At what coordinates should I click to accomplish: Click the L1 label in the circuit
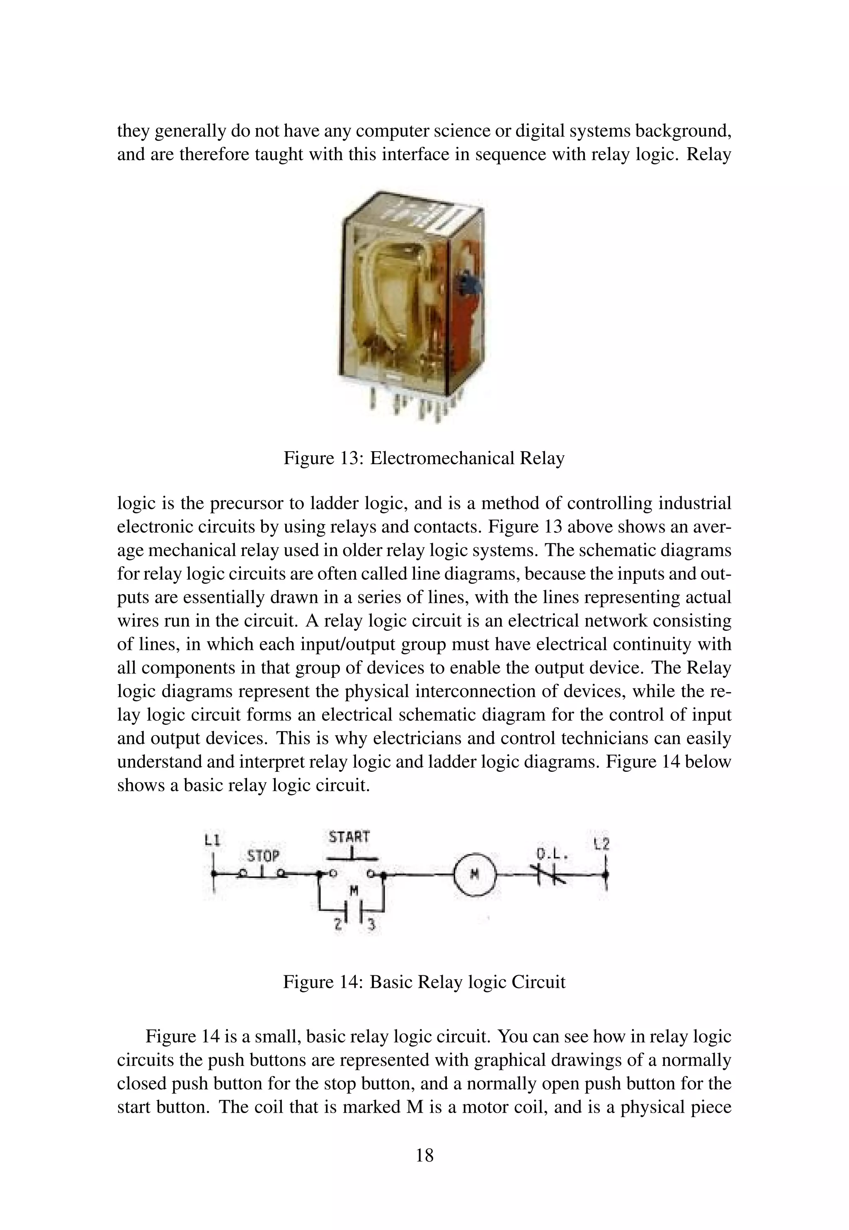point(212,840)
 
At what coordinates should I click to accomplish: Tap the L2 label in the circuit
point(602,844)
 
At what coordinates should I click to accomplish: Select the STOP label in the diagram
point(263,856)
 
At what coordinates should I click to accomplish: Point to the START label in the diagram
point(349,837)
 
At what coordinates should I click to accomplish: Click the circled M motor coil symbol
point(475,874)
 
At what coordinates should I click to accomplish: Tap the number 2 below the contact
point(337,925)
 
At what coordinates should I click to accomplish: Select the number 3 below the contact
point(372,926)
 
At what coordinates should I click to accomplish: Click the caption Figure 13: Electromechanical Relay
point(424,458)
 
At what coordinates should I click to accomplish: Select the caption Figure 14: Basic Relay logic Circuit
point(424,982)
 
